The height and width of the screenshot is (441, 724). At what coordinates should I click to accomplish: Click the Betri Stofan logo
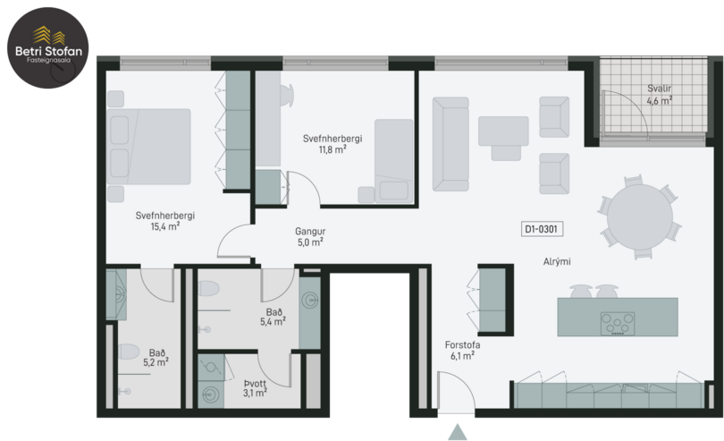tap(48, 47)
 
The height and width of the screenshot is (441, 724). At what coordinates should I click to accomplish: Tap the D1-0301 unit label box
tap(542, 229)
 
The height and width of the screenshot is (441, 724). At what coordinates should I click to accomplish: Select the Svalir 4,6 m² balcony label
tap(659, 95)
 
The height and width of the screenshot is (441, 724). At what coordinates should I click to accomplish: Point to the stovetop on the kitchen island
tap(618, 324)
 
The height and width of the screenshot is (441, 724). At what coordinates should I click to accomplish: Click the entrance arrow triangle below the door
tap(458, 432)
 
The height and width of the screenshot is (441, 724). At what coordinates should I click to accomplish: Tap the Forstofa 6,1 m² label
tap(462, 351)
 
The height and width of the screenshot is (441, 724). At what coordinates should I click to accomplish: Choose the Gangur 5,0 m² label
tap(310, 237)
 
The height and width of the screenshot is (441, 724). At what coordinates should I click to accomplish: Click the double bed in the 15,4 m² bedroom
tap(148, 147)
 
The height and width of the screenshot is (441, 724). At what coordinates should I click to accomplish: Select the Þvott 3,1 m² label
tap(255, 388)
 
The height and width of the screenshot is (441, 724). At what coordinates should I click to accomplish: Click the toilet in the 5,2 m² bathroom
tap(129, 352)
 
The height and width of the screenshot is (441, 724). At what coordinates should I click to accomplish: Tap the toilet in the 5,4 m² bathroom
tap(208, 288)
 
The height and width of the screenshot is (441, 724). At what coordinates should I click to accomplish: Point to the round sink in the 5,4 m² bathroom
tap(310, 301)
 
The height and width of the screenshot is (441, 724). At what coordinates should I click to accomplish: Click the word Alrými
tap(556, 261)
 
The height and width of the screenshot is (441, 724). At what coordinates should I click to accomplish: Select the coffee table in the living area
tap(503, 131)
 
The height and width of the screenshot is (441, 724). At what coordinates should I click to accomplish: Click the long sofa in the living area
tap(450, 144)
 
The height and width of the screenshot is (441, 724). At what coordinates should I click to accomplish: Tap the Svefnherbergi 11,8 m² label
tap(333, 144)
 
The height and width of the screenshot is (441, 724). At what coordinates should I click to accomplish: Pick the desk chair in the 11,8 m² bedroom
tap(286, 95)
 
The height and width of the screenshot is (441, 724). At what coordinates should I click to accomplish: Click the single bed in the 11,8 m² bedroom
tap(394, 161)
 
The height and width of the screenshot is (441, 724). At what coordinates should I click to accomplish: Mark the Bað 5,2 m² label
tap(156, 358)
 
